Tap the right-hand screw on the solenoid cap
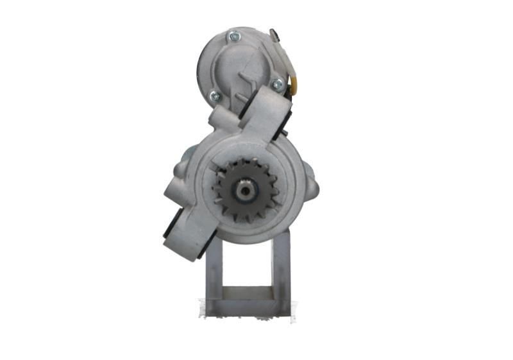277,84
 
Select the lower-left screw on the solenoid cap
215,97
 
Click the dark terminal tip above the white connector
274,33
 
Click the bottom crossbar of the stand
248,307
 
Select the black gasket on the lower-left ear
172,230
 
